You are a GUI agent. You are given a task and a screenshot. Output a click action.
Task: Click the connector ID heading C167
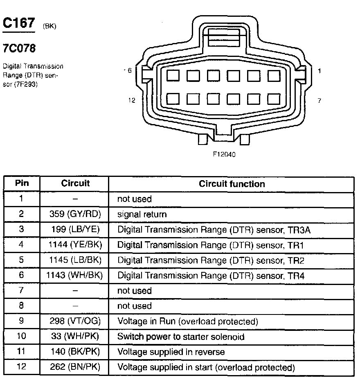[19, 23]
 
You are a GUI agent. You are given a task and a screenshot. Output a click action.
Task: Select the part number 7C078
[19, 49]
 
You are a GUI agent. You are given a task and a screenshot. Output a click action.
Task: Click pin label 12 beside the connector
[131, 100]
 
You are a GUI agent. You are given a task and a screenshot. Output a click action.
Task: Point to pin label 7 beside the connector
[319, 100]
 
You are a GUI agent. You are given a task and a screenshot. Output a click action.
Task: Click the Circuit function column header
[232, 184]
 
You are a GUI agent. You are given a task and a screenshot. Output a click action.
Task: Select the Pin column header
[22, 183]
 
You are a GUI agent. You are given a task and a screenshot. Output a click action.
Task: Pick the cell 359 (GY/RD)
[75, 214]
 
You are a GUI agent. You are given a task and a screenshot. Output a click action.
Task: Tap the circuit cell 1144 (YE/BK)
[75, 245]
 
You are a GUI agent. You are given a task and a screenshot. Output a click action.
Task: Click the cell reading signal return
[142, 214]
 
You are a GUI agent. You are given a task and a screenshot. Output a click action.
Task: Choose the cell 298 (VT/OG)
[75, 321]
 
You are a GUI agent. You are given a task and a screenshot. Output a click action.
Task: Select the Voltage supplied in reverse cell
[171, 352]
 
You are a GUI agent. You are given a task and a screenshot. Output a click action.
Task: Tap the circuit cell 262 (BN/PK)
[75, 367]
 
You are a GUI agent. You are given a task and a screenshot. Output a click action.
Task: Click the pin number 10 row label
[22, 337]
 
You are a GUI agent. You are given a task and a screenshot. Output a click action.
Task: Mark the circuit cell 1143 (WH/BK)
[75, 276]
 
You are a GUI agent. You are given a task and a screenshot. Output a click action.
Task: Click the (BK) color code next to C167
[49, 27]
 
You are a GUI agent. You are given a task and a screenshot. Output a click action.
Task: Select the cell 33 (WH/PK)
[75, 337]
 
